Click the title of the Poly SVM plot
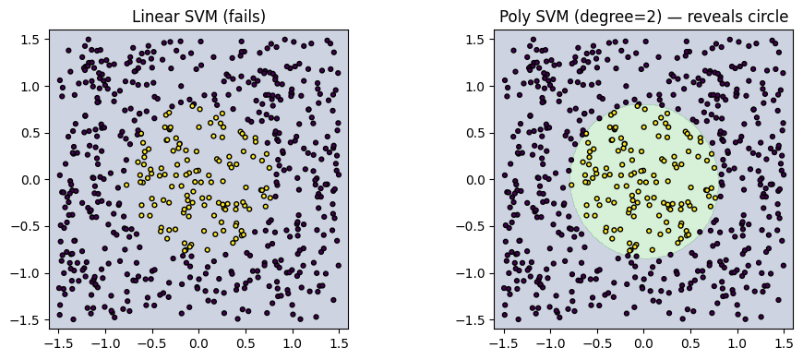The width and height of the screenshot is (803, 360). pyautogui.click(x=643, y=17)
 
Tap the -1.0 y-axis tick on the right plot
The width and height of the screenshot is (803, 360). pyautogui.click(x=476, y=273)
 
